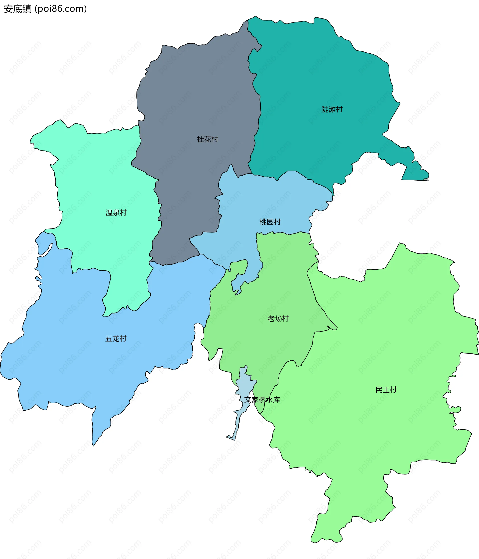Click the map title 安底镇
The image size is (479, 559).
(17, 9)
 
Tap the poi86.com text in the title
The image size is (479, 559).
(61, 9)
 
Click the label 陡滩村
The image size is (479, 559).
(332, 110)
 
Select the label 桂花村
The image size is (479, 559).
(207, 139)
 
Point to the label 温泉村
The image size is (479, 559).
(116, 213)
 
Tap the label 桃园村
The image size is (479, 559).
(270, 222)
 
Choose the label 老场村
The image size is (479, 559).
(278, 319)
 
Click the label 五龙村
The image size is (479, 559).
(116, 338)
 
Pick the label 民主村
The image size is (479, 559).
(386, 390)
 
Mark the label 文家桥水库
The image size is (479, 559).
(262, 400)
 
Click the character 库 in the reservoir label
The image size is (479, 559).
(276, 400)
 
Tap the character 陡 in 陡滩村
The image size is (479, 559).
(325, 110)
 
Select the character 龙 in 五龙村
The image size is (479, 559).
(116, 338)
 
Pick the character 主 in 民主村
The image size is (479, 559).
(386, 390)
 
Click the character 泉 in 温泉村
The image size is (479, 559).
(116, 213)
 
